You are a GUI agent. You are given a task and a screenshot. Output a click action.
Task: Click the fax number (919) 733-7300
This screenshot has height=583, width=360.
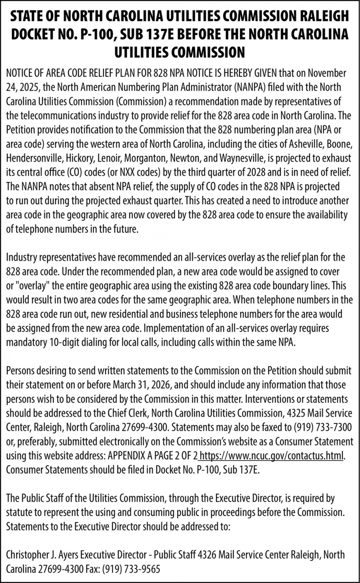pyautogui.click(x=323, y=428)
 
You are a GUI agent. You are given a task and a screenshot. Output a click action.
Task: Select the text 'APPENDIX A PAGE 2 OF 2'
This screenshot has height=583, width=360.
pyautogui.click(x=153, y=456)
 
